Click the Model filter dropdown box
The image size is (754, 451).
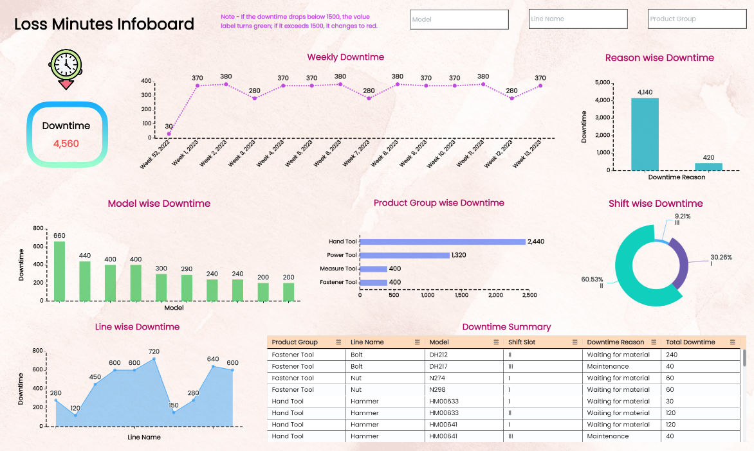pyautogui.click(x=459, y=19)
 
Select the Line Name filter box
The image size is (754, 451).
pyautogui.click(x=578, y=19)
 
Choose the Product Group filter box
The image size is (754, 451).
pyautogui.click(x=697, y=19)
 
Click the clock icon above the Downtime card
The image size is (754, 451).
pyautogui.click(x=66, y=66)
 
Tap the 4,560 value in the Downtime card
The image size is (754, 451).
pyautogui.click(x=66, y=143)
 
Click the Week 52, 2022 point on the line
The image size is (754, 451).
pyautogui.click(x=169, y=134)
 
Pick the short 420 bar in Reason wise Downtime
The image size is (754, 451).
pyautogui.click(x=708, y=166)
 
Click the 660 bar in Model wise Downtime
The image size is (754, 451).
pyautogui.click(x=59, y=270)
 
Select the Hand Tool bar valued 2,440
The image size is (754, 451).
pyautogui.click(x=443, y=242)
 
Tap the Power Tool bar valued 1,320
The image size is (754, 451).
pyautogui.click(x=404, y=255)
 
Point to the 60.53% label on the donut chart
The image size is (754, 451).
pyautogui.click(x=592, y=279)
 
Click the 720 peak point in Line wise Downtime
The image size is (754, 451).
pyautogui.click(x=154, y=359)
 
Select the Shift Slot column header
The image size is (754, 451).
pyautogui.click(x=522, y=342)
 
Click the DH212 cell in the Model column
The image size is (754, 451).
pyautogui.click(x=438, y=355)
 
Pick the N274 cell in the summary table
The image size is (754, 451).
pyautogui.click(x=437, y=378)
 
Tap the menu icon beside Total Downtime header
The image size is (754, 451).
pyautogui.click(x=732, y=342)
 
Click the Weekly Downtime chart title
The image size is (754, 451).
pyautogui.click(x=345, y=57)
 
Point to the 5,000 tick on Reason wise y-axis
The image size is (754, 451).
pyautogui.click(x=602, y=83)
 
